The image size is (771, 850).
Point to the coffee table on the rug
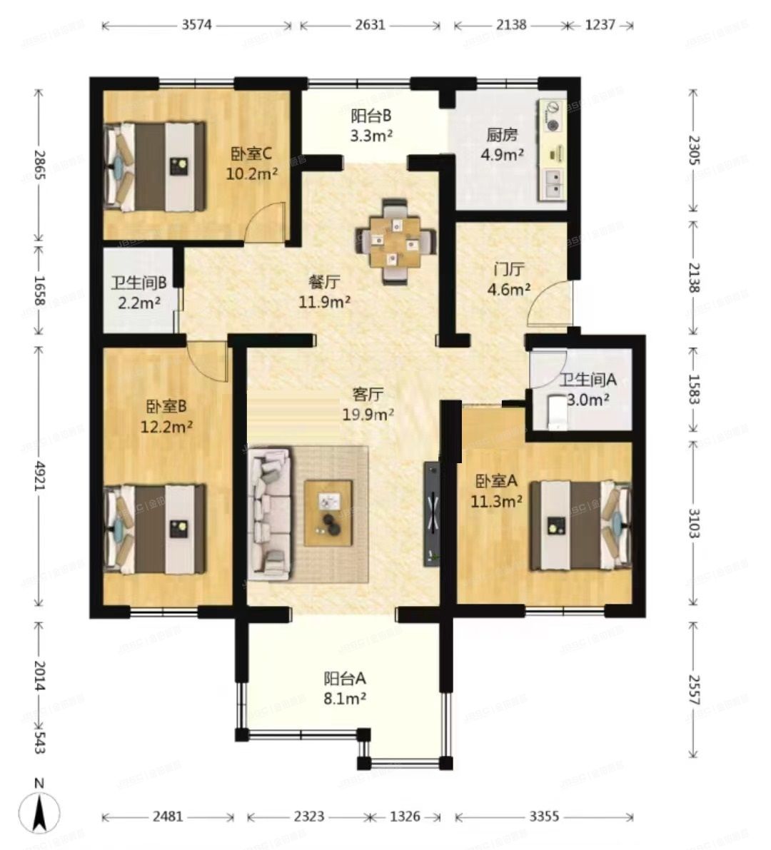(328, 513)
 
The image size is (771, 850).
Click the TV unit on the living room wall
(432, 513)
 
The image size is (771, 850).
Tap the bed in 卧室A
(580, 525)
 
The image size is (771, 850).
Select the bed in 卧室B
(154, 528)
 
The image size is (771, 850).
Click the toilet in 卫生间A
(556, 413)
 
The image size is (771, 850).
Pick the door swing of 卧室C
(266, 223)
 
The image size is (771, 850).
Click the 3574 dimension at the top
(196, 25)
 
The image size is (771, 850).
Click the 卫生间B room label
(138, 283)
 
